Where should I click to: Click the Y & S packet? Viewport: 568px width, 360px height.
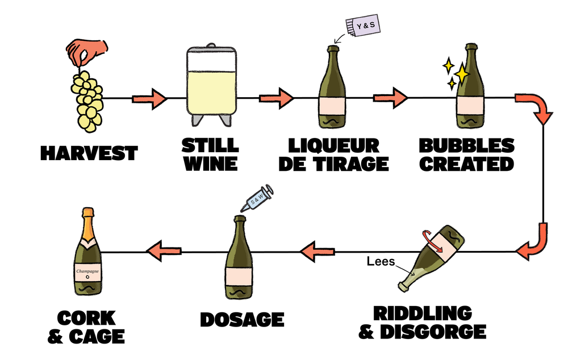[x=363, y=26]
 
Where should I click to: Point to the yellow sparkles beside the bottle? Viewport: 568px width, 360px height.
[x=458, y=74]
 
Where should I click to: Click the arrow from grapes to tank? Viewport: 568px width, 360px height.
[x=149, y=100]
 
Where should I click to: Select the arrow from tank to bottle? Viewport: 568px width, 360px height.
[x=276, y=99]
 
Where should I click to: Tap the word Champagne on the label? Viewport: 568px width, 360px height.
[x=88, y=271]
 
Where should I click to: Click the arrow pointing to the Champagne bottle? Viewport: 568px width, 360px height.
[x=164, y=250]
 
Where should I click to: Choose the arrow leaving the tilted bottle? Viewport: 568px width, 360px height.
[x=318, y=250]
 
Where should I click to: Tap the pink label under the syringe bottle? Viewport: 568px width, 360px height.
[x=239, y=275]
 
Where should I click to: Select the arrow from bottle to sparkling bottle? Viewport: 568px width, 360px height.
[x=390, y=99]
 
